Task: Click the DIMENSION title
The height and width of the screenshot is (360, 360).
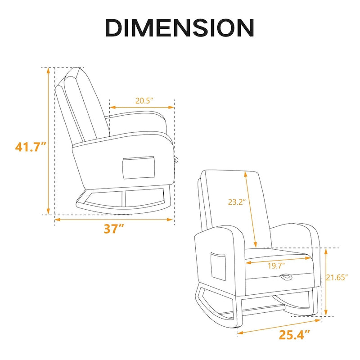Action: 180,28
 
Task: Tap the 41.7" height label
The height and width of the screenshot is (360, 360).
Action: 31,147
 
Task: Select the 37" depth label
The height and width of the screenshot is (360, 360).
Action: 114,229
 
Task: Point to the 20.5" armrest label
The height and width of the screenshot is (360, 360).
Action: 144,100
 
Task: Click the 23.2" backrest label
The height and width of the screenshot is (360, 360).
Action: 237,202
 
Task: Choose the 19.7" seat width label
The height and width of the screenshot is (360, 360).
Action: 276,266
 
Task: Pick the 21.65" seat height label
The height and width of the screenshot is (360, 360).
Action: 337,277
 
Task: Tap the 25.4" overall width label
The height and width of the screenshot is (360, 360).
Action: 295,334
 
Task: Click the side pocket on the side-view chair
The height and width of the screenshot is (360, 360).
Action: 139,167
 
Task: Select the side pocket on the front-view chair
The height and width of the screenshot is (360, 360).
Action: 218,266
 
